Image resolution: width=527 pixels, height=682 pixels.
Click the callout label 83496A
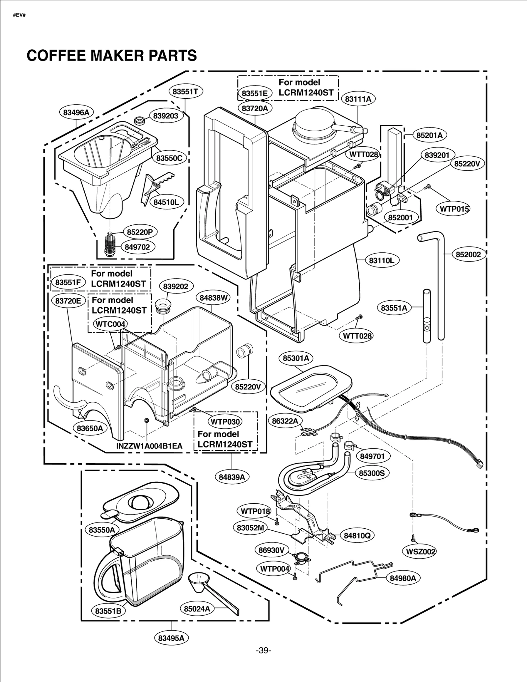click(76, 113)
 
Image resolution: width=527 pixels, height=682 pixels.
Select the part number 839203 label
click(166, 116)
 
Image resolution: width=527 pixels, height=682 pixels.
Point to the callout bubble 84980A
click(403, 578)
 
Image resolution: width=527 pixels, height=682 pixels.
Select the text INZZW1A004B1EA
click(149, 446)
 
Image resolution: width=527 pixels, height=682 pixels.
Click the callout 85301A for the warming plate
click(296, 358)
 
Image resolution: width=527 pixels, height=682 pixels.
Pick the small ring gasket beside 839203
click(140, 120)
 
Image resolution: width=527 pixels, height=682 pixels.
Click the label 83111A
click(358, 99)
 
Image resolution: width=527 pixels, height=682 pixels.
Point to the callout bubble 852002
click(468, 254)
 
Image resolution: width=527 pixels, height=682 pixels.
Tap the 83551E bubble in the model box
click(255, 93)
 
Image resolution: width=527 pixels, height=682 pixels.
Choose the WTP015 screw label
click(454, 209)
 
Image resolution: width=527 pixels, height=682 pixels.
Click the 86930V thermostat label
click(271, 550)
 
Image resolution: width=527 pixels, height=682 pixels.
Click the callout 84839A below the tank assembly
click(232, 477)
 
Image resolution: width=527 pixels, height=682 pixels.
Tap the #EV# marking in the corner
click(19, 15)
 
